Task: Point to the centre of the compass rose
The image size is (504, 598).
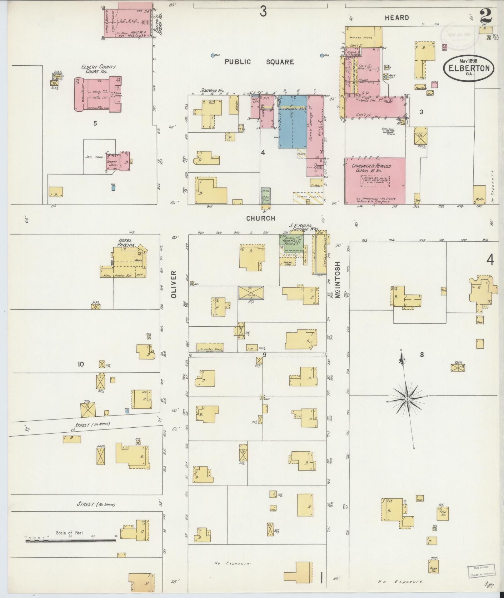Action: click(x=407, y=399)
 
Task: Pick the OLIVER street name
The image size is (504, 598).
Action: click(x=174, y=284)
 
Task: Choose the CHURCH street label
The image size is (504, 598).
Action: click(x=261, y=219)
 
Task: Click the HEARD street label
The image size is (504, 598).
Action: click(x=397, y=18)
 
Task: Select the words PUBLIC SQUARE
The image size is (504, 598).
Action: click(x=259, y=62)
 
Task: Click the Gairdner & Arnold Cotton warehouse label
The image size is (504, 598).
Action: click(x=372, y=168)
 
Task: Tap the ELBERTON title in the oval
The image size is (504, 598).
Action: click(x=469, y=68)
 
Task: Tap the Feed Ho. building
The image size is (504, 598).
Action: click(x=443, y=514)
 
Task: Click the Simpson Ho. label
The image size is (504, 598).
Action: click(x=210, y=90)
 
